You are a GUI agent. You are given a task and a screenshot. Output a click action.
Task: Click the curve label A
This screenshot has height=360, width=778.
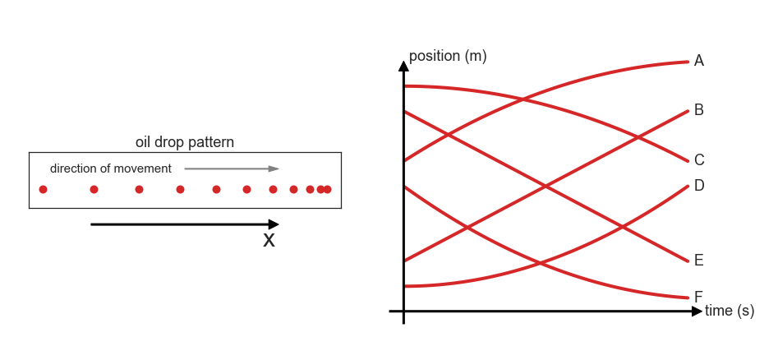click(x=698, y=61)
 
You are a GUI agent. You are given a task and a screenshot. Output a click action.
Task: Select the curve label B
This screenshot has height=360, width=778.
click(x=698, y=110)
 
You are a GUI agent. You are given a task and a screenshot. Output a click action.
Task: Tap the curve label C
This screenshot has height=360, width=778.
click(x=699, y=160)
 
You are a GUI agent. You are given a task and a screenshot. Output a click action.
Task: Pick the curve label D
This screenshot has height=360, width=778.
click(x=699, y=185)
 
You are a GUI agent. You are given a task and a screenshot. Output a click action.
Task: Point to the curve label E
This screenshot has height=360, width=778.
click(x=698, y=261)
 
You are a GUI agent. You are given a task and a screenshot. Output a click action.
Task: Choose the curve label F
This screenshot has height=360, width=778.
click(x=698, y=297)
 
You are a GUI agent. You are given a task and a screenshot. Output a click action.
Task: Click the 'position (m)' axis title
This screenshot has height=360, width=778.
click(x=448, y=56)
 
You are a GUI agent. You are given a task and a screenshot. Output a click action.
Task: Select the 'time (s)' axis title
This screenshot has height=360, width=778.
click(x=730, y=311)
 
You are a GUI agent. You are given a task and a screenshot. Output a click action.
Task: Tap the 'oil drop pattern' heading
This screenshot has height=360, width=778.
click(x=185, y=142)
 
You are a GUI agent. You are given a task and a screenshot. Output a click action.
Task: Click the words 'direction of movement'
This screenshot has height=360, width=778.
click(x=111, y=168)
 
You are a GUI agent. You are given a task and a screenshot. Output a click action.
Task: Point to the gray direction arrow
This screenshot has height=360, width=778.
click(x=232, y=168)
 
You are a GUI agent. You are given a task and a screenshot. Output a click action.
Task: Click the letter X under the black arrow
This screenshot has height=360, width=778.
click(x=269, y=240)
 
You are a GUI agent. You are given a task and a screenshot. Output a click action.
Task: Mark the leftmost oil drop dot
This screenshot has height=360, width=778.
click(x=44, y=189)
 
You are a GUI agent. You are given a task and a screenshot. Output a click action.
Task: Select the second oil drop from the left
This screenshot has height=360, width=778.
click(x=94, y=189)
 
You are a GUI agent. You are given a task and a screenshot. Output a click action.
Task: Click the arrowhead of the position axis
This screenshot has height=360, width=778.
click(x=403, y=66)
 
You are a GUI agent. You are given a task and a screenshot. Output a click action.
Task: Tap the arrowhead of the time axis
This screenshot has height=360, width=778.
click(x=697, y=312)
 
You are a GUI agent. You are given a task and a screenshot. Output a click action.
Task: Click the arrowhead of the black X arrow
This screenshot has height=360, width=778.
click(x=274, y=224)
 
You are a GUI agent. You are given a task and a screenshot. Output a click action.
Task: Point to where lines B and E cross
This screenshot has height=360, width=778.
click(x=546, y=187)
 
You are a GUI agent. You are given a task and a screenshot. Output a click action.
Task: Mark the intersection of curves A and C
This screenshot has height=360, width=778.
click(x=523, y=99)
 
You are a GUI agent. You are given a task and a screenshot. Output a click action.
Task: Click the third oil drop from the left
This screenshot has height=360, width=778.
click(x=140, y=189)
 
